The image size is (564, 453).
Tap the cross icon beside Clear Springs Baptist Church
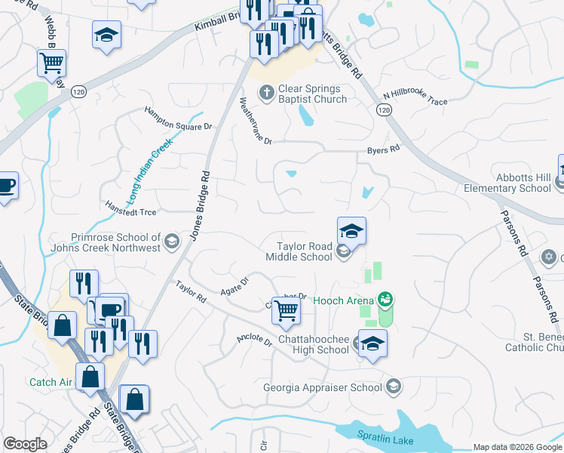pyautogui.click(x=265, y=93)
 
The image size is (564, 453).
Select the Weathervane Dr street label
pyautogui.click(x=254, y=120)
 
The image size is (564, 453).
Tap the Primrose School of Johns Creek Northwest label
pyautogui.click(x=106, y=242)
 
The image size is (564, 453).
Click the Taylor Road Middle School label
pyautogui.click(x=305, y=251)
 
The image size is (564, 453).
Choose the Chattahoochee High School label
pyautogui.click(x=314, y=344)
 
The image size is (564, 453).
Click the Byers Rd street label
pyautogui.click(x=383, y=150)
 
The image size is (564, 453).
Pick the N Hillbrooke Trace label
pyautogui.click(x=415, y=97)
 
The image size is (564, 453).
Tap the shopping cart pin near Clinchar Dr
pyautogui.click(x=286, y=311)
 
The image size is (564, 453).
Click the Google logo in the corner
pyautogui.click(x=25, y=444)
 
